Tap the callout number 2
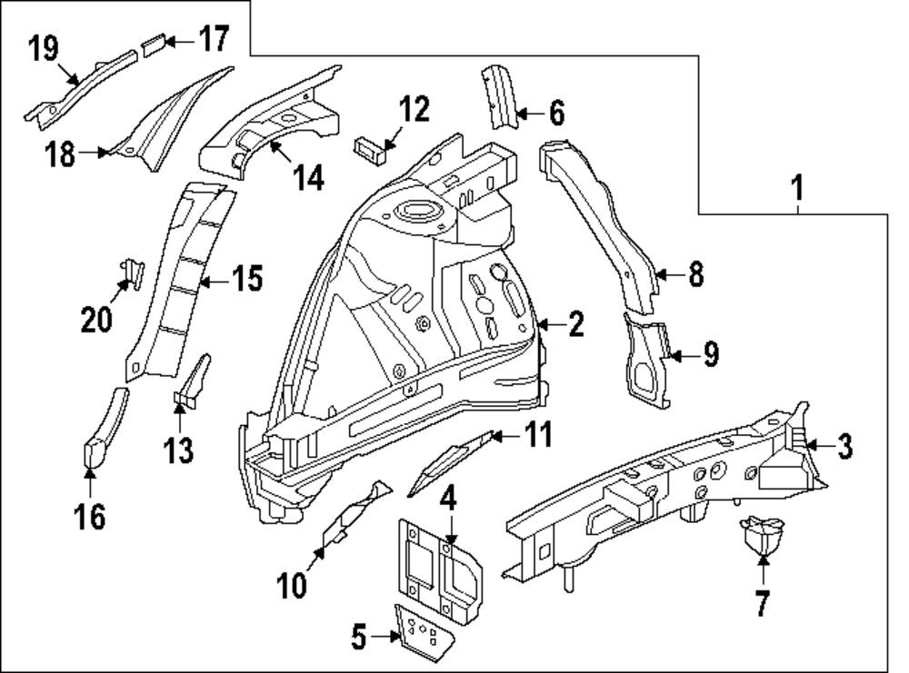575,324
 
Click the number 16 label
90,515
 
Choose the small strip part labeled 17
153,44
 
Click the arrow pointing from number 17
180,41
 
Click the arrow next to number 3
814,444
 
